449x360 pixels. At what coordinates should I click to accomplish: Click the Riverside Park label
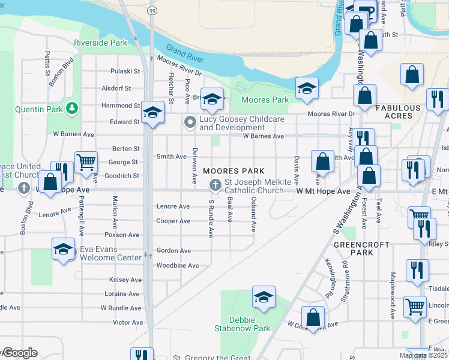[101, 43]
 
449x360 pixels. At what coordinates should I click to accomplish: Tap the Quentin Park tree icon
[73, 108]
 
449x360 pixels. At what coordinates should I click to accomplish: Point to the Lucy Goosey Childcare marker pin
[190, 122]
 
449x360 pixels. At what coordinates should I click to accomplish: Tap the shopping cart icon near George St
[86, 161]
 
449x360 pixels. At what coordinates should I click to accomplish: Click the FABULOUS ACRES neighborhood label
[398, 112]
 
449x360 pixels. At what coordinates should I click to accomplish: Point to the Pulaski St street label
[125, 71]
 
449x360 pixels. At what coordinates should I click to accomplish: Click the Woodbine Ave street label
[177, 265]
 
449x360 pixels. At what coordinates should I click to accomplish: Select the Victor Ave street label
[128, 322]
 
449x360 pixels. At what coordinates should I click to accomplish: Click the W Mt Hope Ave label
[323, 191]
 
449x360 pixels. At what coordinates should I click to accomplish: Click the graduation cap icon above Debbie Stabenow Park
[263, 297]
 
